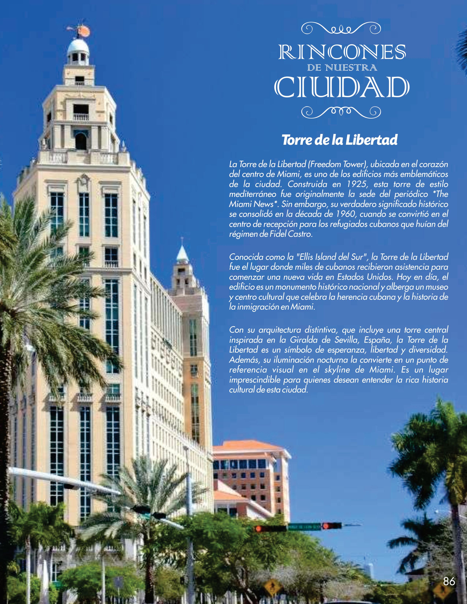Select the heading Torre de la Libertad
(x=339, y=140)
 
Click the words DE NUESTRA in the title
(x=342, y=68)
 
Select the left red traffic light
(x=259, y=529)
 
